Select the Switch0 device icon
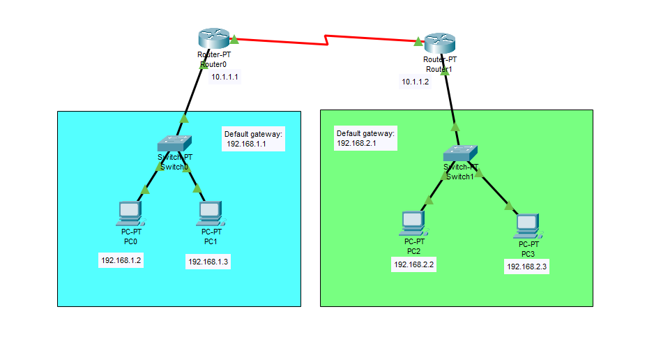coord(174,144)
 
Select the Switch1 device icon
coord(461,153)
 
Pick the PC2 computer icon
coord(413,222)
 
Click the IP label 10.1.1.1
coord(225,77)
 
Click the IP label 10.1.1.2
coord(416,82)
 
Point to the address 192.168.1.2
coord(121,260)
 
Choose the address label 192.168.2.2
coord(414,264)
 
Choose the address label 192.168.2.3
coord(527,267)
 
